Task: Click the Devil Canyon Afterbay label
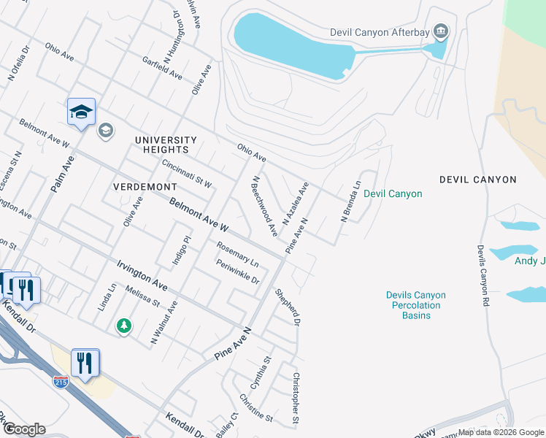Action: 378,31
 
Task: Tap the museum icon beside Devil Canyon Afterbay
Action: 441,31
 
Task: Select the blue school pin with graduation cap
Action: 81,112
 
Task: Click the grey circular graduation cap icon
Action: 105,130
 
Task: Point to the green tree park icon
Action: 124,325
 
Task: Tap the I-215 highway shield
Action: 61,381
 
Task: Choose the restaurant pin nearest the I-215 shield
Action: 85,362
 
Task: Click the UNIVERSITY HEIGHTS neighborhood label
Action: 166,145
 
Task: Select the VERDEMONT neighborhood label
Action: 145,187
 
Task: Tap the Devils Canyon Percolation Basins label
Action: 415,305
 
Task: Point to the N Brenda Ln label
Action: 351,202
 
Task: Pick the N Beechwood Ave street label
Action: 264,206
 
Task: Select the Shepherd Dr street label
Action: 288,307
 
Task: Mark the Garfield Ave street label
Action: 162,68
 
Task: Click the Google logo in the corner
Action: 23,429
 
